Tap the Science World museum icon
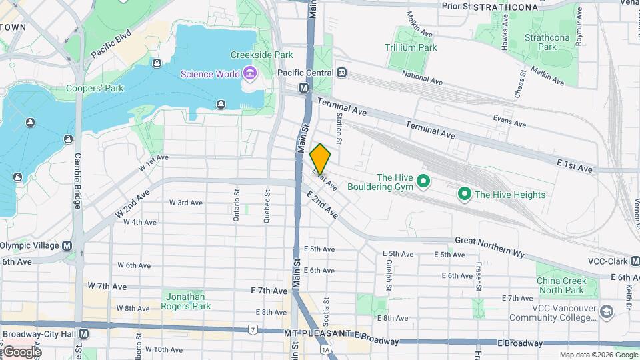(250, 73)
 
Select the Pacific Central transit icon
(342, 73)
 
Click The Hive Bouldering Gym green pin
(423, 181)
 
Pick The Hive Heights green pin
(465, 194)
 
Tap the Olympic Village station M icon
(67, 245)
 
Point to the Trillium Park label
(411, 47)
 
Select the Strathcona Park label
(547, 43)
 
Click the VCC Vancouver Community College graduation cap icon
(606, 311)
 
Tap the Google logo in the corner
(21, 351)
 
